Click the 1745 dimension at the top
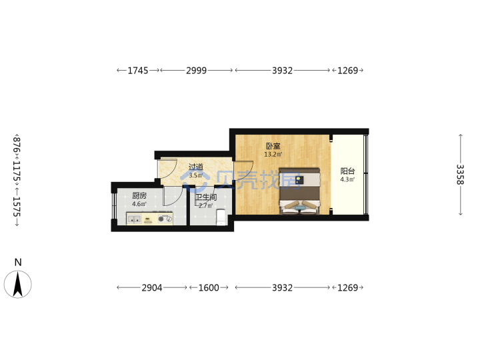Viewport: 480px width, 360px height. [x=138, y=71]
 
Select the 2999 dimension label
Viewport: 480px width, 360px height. [x=197, y=71]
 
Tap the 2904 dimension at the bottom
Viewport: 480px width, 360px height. [x=152, y=288]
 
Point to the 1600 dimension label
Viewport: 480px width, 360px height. [x=209, y=288]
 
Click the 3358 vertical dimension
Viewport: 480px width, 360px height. [x=460, y=175]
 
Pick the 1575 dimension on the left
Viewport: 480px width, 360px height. [x=17, y=206]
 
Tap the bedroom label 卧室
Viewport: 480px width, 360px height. [x=273, y=146]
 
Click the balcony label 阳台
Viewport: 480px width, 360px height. [x=347, y=171]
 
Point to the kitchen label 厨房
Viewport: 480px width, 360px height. [x=139, y=195]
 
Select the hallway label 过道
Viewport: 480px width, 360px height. [x=196, y=167]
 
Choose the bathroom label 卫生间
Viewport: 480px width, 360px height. [x=206, y=197]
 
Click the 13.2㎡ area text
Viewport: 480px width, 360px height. [x=273, y=154]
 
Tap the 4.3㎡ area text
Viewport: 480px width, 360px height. [x=347, y=179]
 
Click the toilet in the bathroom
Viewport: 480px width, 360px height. [x=221, y=217]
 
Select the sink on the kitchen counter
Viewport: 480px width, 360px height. [x=134, y=219]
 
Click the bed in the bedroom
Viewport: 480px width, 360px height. [x=300, y=191]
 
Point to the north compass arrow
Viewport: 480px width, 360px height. [x=18, y=284]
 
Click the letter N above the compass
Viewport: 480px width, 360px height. [x=18, y=263]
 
